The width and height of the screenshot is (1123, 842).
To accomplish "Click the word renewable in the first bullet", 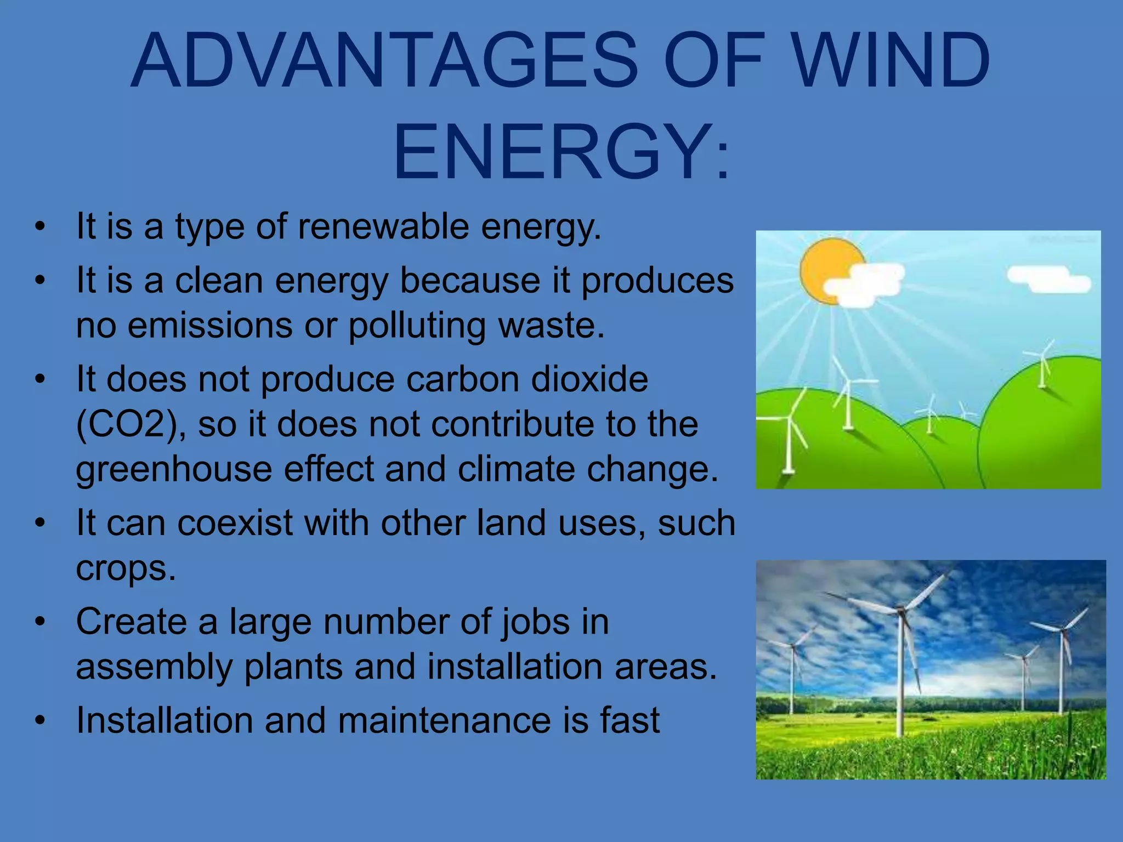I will tap(383, 226).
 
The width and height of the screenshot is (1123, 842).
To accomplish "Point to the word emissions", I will tap(210, 326).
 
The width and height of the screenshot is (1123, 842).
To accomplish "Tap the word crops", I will tap(126, 568).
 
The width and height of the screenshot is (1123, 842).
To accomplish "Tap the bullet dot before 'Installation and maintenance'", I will tap(39, 720).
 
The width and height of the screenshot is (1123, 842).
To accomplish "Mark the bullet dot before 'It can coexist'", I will tap(39, 523).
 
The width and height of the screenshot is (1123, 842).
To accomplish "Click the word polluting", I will tap(417, 326).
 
